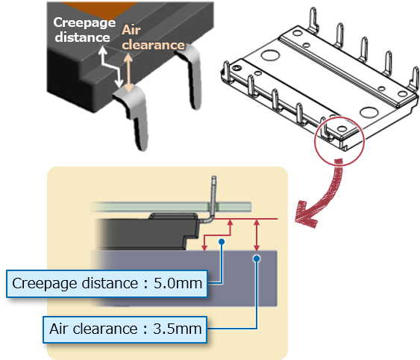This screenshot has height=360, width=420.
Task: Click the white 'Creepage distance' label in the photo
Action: tap(84, 30)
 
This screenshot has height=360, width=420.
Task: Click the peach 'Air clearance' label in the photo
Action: tap(153, 37)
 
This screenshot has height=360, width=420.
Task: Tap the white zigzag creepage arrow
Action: tap(111, 66)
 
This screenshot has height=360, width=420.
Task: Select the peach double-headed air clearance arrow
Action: tap(128, 72)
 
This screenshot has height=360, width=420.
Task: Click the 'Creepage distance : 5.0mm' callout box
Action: tap(107, 284)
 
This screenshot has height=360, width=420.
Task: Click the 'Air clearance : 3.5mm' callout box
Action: tap(125, 329)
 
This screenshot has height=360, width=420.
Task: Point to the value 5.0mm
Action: tap(178, 283)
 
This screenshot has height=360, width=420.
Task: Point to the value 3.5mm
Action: tap(178, 329)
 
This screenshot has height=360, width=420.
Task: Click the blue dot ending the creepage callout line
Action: tap(222, 242)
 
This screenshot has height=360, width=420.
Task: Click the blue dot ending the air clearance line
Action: tap(257, 258)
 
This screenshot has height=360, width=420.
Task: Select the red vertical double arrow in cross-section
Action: tap(257, 235)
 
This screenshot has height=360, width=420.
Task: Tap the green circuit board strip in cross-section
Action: tap(172, 207)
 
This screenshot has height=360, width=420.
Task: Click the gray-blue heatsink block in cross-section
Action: tap(187, 278)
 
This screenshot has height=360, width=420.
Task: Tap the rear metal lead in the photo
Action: tap(192, 75)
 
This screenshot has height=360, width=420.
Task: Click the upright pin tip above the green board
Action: tap(214, 178)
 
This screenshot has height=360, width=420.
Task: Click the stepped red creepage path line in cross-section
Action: tap(218, 235)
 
